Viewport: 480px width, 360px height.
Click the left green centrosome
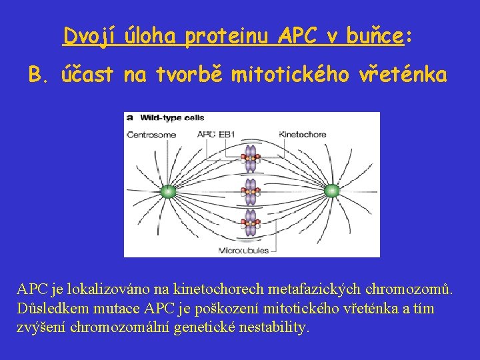(x=168, y=192)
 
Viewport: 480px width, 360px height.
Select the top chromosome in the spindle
(x=251, y=160)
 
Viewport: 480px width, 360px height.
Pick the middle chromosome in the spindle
(x=251, y=192)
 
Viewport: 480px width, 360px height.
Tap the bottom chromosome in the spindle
(x=251, y=223)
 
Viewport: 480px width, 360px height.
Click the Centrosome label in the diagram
(x=151, y=135)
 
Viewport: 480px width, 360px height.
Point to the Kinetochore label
(x=303, y=135)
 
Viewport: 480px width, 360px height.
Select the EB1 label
(x=228, y=135)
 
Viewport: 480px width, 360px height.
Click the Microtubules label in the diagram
(x=244, y=251)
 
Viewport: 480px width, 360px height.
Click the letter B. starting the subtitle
(x=39, y=77)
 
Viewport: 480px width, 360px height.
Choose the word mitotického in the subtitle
(x=291, y=77)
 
